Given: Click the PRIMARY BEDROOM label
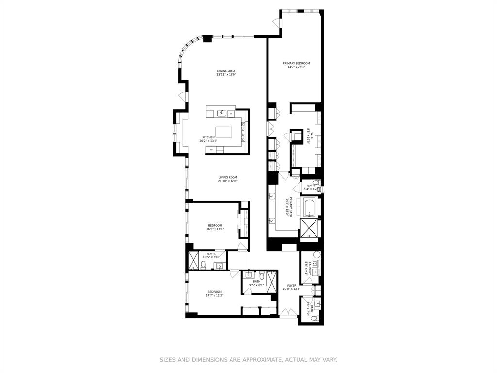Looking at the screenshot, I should (296, 63).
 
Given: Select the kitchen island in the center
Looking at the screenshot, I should (224, 132).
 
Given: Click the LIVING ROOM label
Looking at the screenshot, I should (228, 177).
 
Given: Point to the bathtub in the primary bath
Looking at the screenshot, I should (309, 207).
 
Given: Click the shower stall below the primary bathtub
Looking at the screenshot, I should (309, 230).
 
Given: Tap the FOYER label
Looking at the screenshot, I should (291, 286).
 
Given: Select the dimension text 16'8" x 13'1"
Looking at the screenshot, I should (215, 229).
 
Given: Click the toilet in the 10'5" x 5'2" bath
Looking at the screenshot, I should (204, 265).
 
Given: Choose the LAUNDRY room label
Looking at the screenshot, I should (306, 269).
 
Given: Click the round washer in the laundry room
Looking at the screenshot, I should (317, 254).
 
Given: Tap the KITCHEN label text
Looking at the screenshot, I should (209, 137).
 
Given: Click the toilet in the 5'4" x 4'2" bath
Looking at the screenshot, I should (316, 183).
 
